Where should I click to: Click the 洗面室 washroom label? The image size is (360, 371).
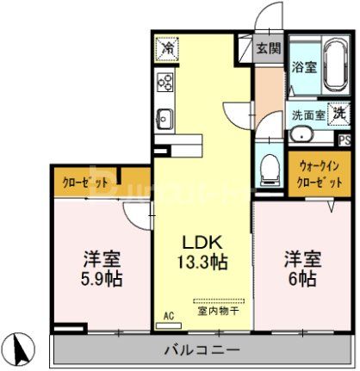coord(307,114)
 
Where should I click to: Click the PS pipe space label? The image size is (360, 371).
coord(344,140)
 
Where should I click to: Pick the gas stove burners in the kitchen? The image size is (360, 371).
coord(165,83)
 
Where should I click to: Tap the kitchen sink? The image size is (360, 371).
coord(165,118)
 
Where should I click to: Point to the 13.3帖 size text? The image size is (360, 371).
coord(204,262)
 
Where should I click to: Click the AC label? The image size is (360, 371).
coord(169,318)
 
